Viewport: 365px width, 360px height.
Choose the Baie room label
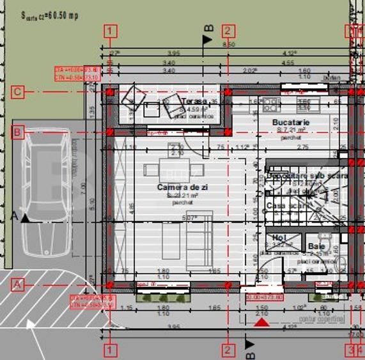pyautogui.click(x=316, y=245)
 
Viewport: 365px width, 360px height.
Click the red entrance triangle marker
pyautogui.click(x=261, y=323)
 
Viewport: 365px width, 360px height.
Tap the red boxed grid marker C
pyautogui.click(x=18, y=92)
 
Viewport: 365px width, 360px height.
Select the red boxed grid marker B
pyautogui.click(x=18, y=132)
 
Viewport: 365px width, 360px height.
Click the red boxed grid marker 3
pyautogui.click(x=350, y=350)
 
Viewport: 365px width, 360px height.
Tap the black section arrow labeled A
pyautogui.click(x=25, y=218)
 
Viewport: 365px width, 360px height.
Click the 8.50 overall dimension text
pyautogui.click(x=228, y=44)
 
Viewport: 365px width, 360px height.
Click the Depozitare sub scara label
pyautogui.click(x=307, y=175)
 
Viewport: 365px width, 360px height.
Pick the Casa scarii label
pyautogui.click(x=284, y=206)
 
